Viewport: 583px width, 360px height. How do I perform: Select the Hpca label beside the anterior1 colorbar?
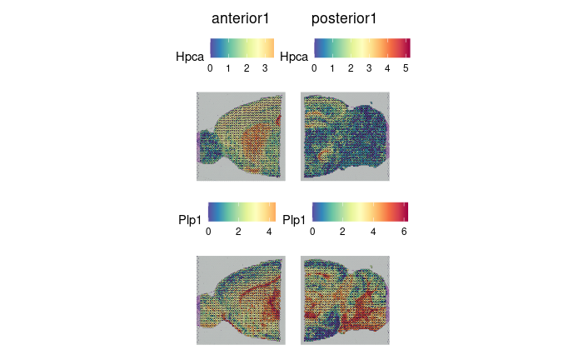pyautogui.click(x=191, y=57)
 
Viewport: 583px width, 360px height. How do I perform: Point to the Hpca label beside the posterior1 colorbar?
pyautogui.click(x=295, y=57)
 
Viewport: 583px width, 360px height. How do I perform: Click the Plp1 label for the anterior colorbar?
pyautogui.click(x=191, y=220)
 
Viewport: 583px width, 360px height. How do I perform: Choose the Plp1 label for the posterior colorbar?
pyautogui.click(x=295, y=220)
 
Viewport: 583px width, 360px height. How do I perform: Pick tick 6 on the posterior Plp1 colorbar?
pyautogui.click(x=403, y=232)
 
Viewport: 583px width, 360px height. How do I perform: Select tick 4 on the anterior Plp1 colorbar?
pyautogui.click(x=269, y=232)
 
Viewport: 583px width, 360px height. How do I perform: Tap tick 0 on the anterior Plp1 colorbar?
pyautogui.click(x=209, y=232)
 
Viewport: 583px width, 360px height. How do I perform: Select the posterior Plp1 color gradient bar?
pyautogui.click(x=360, y=210)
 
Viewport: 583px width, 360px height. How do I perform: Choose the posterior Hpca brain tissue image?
pyautogui.click(x=345, y=135)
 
